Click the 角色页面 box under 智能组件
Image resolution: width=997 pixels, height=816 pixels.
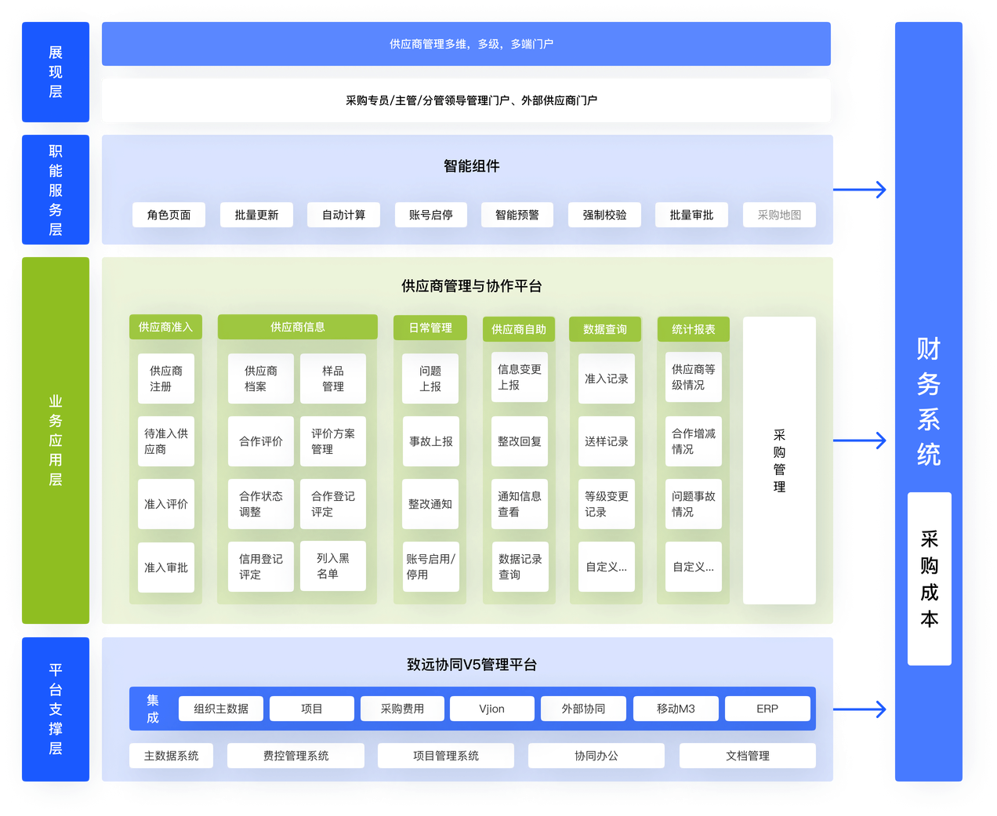point(169,215)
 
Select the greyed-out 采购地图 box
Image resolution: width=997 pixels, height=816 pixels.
point(779,215)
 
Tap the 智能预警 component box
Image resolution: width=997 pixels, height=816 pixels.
point(517,215)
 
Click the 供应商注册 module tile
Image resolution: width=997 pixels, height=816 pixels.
point(166,379)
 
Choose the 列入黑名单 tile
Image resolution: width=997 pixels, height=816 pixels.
point(333,566)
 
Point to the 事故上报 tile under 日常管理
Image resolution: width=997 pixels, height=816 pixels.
point(430,441)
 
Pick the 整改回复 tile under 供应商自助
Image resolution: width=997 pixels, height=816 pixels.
point(519,441)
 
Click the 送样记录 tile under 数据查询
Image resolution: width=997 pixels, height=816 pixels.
point(606,441)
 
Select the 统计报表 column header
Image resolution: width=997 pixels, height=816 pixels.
point(693,329)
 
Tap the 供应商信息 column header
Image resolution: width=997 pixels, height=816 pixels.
point(297,327)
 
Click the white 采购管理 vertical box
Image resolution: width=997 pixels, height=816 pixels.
point(779,460)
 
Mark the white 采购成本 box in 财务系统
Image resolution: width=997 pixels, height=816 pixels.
point(929,578)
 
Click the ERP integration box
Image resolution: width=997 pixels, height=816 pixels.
point(767,709)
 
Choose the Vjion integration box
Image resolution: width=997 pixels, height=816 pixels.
point(492,709)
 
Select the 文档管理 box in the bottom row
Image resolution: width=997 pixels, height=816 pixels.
point(747,756)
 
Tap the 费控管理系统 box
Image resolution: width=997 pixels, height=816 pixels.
point(295,756)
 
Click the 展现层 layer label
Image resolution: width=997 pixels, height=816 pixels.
point(56,72)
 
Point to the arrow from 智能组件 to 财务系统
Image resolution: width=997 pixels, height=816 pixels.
point(861,190)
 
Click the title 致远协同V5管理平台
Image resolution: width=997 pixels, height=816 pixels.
point(471,665)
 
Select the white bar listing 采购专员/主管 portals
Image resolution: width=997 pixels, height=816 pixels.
point(466,100)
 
